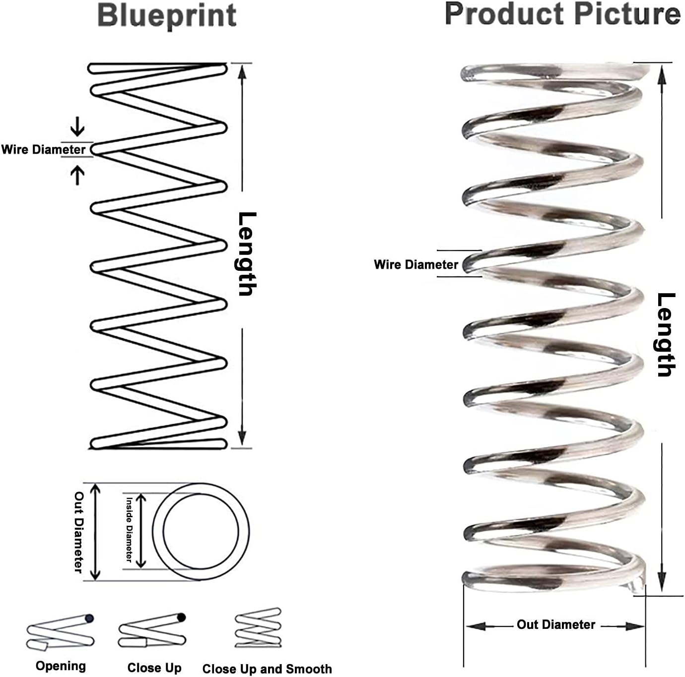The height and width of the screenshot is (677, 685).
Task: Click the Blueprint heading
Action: [x=167, y=16]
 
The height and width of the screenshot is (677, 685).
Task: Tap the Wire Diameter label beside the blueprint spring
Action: [x=43, y=150]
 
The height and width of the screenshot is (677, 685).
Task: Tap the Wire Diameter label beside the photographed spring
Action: [x=416, y=265]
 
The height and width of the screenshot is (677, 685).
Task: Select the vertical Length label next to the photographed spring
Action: [x=666, y=334]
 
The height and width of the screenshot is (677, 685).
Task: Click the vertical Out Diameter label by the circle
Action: [x=79, y=532]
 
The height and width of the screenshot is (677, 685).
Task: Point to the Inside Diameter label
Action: [x=129, y=529]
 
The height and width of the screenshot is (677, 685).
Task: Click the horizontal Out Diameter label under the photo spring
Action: [x=555, y=624]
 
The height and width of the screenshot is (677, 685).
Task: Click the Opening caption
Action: [x=61, y=666]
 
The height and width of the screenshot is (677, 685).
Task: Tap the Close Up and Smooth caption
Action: [x=267, y=669]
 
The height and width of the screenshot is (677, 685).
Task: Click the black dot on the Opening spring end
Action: [x=89, y=618]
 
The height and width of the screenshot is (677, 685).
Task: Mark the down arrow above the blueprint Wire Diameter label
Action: [x=77, y=126]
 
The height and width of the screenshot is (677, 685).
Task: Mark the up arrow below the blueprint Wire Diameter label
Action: [x=77, y=176]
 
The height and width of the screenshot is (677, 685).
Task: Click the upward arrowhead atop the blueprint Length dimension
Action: [x=242, y=73]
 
